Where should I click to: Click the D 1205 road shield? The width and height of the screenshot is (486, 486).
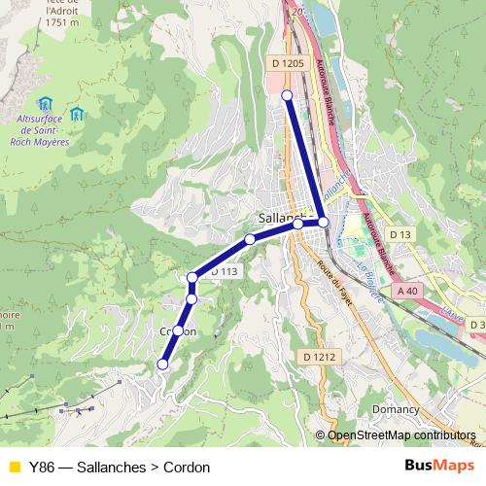point(288,63)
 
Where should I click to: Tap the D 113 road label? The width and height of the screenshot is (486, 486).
point(224,271)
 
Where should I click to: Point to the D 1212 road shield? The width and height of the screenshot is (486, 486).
point(319,357)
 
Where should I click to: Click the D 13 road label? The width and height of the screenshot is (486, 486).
point(400,234)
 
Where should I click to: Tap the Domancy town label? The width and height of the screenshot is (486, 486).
point(396,409)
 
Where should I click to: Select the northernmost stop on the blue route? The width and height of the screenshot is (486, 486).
point(287,94)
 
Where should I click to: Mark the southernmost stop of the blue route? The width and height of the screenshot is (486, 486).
point(162,364)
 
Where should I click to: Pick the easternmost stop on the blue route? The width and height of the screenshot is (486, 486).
point(323,223)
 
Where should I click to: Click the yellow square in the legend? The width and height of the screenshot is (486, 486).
point(13,467)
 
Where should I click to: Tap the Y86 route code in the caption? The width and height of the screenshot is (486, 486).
point(42,467)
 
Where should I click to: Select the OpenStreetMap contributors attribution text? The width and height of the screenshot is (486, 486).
point(401,435)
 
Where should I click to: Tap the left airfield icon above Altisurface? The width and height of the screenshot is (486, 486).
point(44,103)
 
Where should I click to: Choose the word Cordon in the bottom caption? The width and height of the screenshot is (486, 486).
point(188,467)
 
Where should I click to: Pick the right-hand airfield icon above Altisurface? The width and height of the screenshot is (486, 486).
point(76,114)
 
